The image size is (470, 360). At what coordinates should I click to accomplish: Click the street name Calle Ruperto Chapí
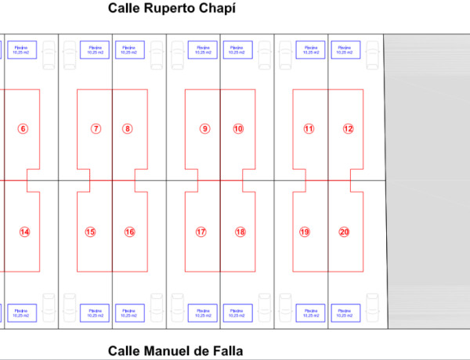coord(172,9)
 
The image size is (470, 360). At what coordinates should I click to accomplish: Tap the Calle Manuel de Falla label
coord(180,351)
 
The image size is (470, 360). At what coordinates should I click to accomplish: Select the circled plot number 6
coord(23,128)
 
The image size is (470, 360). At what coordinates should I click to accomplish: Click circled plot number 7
coord(96,128)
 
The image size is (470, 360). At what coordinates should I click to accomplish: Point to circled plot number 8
coord(128,128)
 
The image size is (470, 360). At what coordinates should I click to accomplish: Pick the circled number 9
coord(204,128)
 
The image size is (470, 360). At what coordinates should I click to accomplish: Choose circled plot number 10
coord(238,128)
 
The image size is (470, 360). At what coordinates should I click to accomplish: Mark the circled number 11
coord(309,128)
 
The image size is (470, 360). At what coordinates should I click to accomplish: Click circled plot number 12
coord(348,128)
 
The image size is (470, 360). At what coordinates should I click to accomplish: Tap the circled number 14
coord(24,232)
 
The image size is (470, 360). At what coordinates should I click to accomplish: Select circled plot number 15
coord(91,232)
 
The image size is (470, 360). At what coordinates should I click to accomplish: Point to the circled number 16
coord(129,232)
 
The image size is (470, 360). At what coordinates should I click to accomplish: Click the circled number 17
coord(201,232)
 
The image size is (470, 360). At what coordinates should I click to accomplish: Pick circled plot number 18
coord(240,232)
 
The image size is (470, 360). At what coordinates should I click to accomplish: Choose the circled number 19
coord(305,232)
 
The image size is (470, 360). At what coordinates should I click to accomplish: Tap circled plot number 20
coord(344,232)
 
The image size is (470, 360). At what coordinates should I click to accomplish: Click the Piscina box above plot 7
coord(94,50)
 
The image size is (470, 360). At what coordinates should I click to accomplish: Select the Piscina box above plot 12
coord(344,50)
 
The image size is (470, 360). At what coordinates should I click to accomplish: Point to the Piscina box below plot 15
coord(94,313)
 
